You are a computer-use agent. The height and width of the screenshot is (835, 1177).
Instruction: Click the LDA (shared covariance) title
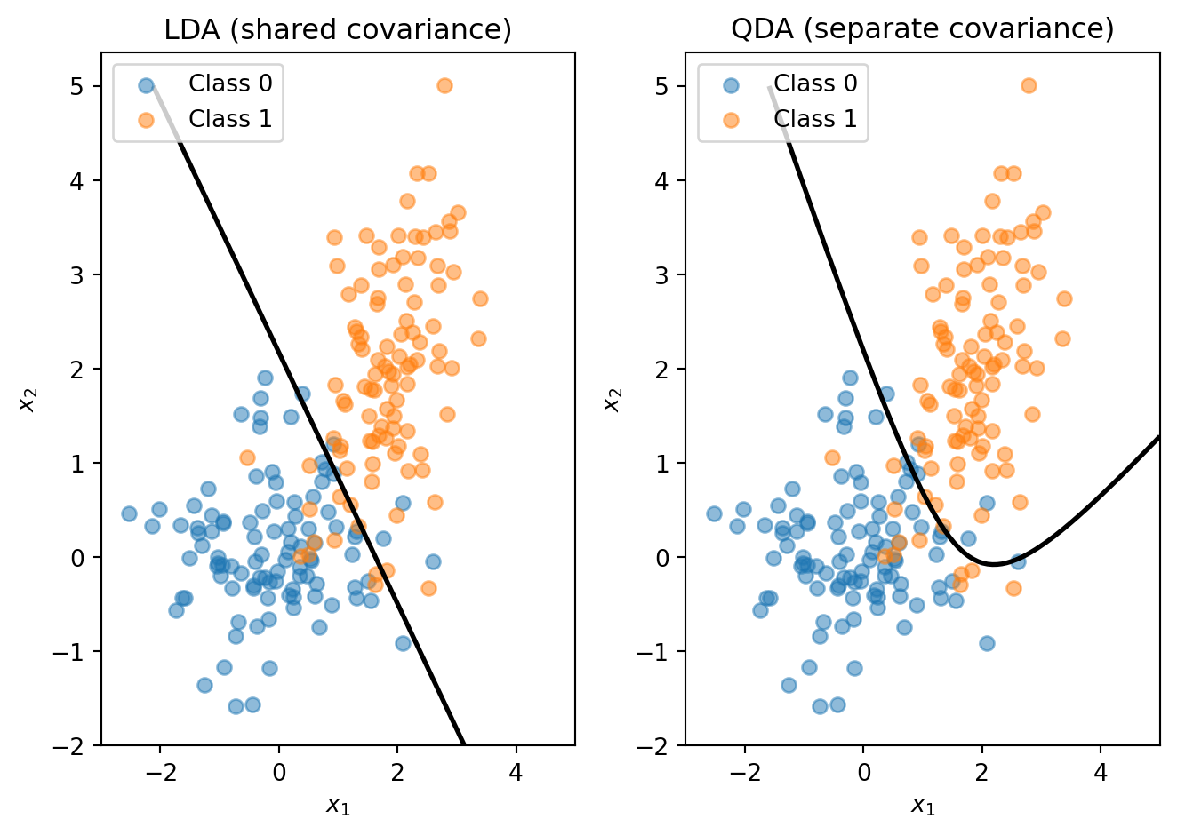pyautogui.click(x=338, y=29)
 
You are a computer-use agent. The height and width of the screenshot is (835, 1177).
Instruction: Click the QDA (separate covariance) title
pyautogui.click(x=922, y=29)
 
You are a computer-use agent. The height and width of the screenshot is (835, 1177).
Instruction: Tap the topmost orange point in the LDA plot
pyautogui.click(x=444, y=85)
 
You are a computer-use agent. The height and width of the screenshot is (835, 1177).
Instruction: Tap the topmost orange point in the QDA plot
pyautogui.click(x=1029, y=85)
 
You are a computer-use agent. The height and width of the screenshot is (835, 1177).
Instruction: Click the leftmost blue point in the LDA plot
pyautogui.click(x=129, y=513)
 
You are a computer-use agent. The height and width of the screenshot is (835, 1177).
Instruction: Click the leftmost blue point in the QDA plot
pyautogui.click(x=714, y=513)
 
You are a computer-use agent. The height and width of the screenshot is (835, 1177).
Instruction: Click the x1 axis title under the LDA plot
pyautogui.click(x=338, y=805)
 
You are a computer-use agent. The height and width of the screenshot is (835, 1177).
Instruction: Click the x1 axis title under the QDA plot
pyautogui.click(x=922, y=805)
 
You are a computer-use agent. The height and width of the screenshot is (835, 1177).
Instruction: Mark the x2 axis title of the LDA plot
pyautogui.click(x=28, y=399)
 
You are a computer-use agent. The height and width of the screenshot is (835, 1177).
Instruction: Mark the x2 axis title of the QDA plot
pyautogui.click(x=613, y=399)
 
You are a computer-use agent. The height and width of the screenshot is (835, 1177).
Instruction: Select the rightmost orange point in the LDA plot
pyautogui.click(x=480, y=298)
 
